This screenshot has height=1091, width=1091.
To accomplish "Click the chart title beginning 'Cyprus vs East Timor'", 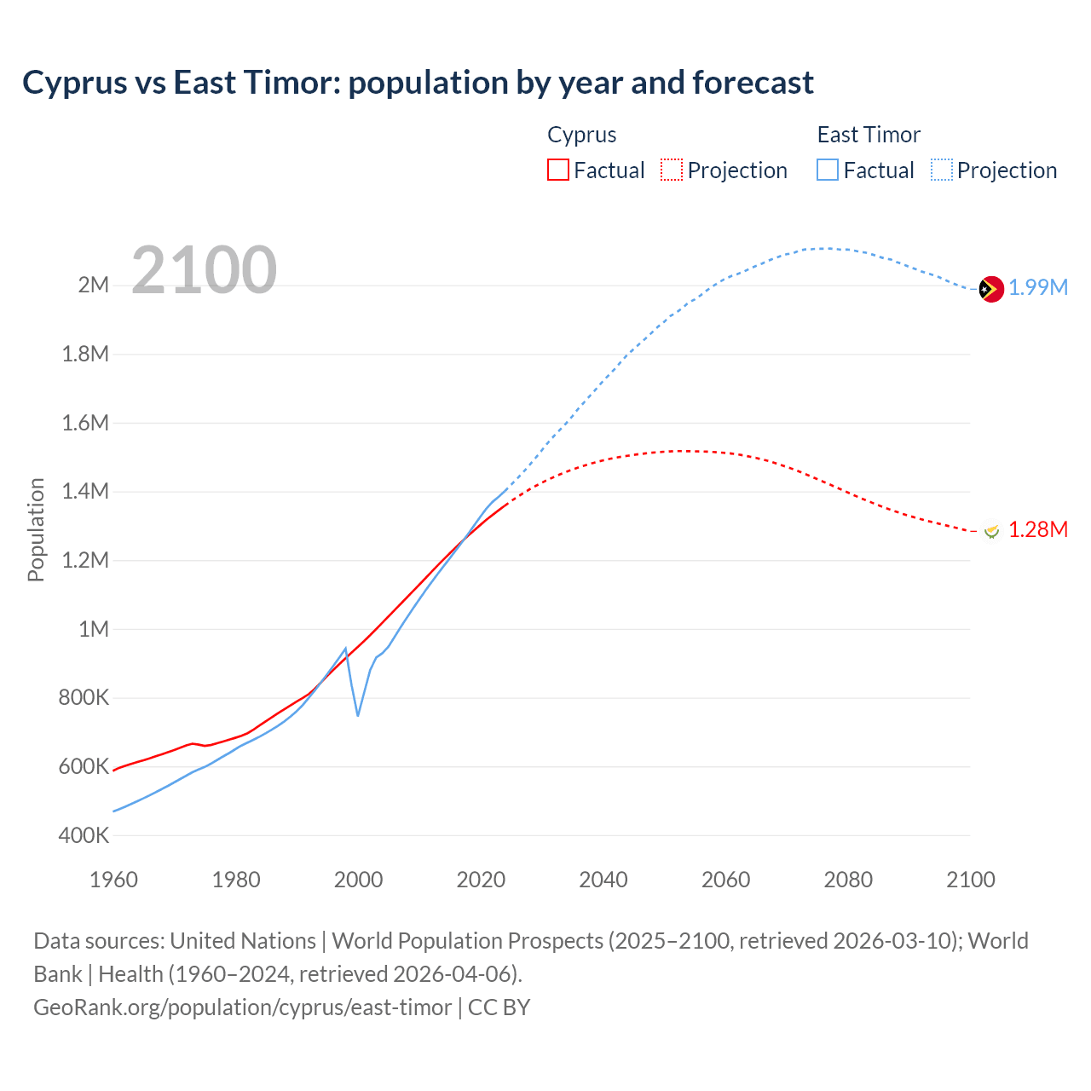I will pos(418,83).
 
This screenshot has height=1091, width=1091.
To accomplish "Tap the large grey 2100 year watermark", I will pos(204,270).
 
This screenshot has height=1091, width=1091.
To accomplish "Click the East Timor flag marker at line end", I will pos(991,290).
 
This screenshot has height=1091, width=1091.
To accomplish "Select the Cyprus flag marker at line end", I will pos(991,531).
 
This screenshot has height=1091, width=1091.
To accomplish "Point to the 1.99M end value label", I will pos(1038,287).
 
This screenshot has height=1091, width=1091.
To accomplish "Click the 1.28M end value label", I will pos(1038,529).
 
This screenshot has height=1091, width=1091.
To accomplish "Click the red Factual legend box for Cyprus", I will pos(557,170).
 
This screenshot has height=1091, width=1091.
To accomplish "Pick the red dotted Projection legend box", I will pos(672,170).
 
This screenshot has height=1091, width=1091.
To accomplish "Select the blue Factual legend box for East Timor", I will pos(827,170).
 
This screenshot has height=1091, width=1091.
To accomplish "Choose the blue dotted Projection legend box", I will pos(942,170).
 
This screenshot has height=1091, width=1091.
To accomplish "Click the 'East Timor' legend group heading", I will pos(869,135).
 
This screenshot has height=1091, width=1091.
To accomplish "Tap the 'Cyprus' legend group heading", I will pos(581,135).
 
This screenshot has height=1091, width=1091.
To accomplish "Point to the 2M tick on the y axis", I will pos(94,285).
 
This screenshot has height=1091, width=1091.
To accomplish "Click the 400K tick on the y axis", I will pos(84,835).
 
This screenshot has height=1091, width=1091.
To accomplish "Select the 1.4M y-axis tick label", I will pos(85,491).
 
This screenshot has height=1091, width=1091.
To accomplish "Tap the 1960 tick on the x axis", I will pos(113,880).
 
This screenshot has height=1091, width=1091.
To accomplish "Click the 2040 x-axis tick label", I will pos(603,880).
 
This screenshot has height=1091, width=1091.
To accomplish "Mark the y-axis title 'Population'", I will pos(36,529).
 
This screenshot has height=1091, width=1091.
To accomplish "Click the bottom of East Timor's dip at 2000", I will pos(358,715).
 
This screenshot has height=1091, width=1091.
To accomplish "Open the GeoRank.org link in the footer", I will pos(242,1007).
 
